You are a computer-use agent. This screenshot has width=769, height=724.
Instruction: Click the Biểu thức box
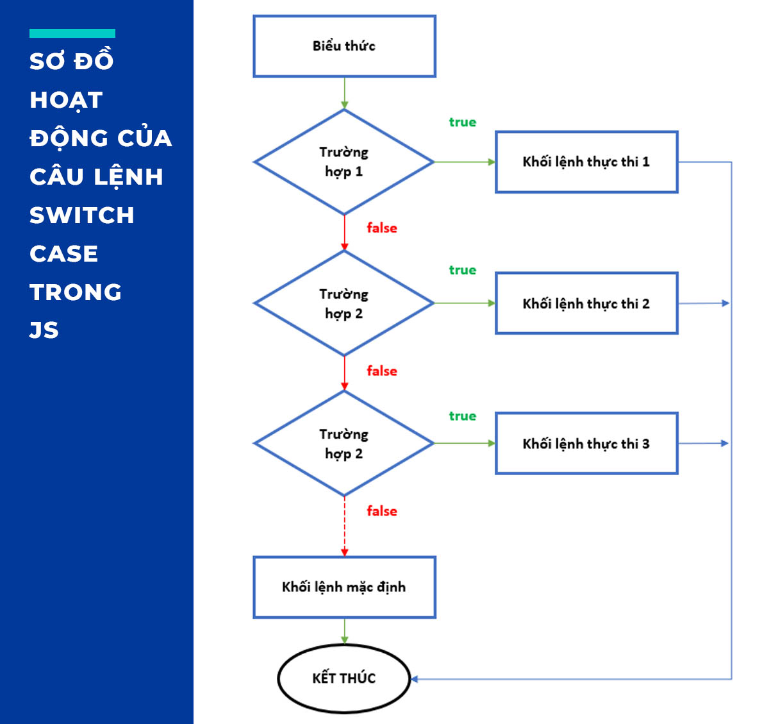click(344, 46)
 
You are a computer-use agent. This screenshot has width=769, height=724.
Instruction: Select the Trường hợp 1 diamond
click(344, 162)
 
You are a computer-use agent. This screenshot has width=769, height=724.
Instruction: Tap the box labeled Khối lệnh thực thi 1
click(586, 162)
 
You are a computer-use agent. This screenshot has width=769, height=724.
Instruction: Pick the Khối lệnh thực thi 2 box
click(586, 303)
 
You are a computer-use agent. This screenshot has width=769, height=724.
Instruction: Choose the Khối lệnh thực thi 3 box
click(586, 443)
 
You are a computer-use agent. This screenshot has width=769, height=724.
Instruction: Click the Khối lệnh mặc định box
click(344, 587)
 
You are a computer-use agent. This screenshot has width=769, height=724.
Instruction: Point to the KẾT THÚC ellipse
click(344, 678)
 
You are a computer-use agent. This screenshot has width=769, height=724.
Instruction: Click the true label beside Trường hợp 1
click(462, 122)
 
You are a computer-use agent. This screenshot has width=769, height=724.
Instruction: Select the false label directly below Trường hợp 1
click(381, 228)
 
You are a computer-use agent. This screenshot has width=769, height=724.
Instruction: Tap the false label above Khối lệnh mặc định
click(381, 511)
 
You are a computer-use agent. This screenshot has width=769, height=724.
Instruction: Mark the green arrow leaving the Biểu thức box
click(345, 93)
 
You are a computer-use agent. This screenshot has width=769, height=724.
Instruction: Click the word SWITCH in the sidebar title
click(82, 215)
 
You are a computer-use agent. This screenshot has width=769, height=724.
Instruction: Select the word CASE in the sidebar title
click(64, 254)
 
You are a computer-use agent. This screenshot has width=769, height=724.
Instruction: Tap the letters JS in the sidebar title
click(44, 330)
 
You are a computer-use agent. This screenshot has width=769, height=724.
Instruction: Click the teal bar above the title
click(72, 33)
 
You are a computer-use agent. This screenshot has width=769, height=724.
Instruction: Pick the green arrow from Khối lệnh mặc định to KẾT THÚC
click(345, 631)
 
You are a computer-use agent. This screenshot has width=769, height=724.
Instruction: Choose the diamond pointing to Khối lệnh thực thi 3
click(344, 443)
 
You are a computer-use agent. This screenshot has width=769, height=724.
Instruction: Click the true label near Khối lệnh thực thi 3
click(462, 416)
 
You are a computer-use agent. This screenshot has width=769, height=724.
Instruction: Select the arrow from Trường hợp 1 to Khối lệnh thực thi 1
click(465, 162)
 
